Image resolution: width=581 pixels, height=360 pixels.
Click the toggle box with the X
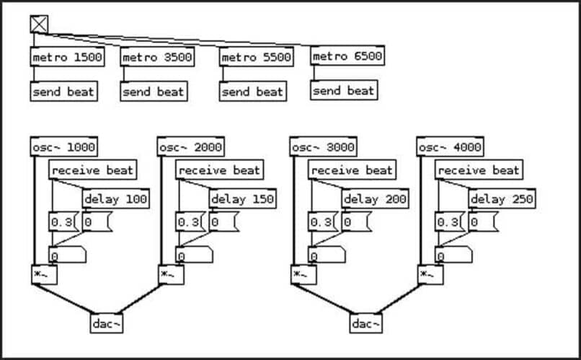39,24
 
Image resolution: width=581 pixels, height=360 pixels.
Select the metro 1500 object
67,57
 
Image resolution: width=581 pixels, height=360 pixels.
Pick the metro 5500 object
256,57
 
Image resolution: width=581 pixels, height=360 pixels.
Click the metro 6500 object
347,56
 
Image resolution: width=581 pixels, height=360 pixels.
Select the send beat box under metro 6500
344,91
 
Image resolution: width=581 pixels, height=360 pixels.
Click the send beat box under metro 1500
63,92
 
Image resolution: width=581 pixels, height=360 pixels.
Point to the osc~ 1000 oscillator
63,147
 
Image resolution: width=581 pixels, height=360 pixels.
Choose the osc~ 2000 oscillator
190,147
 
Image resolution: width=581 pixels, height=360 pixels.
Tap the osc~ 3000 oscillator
323,147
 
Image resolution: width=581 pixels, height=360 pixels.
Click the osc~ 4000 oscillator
449,147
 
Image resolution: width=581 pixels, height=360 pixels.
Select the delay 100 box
115,199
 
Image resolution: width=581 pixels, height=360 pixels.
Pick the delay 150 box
242,199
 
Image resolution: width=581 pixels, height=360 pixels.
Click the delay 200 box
375,199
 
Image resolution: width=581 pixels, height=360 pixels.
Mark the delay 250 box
501,199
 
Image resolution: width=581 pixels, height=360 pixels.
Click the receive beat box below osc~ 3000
352,170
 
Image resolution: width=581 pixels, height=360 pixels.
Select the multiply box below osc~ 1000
44,274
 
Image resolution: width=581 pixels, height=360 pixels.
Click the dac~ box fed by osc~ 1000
107,323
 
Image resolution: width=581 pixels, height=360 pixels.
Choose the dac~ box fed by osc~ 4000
365,323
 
